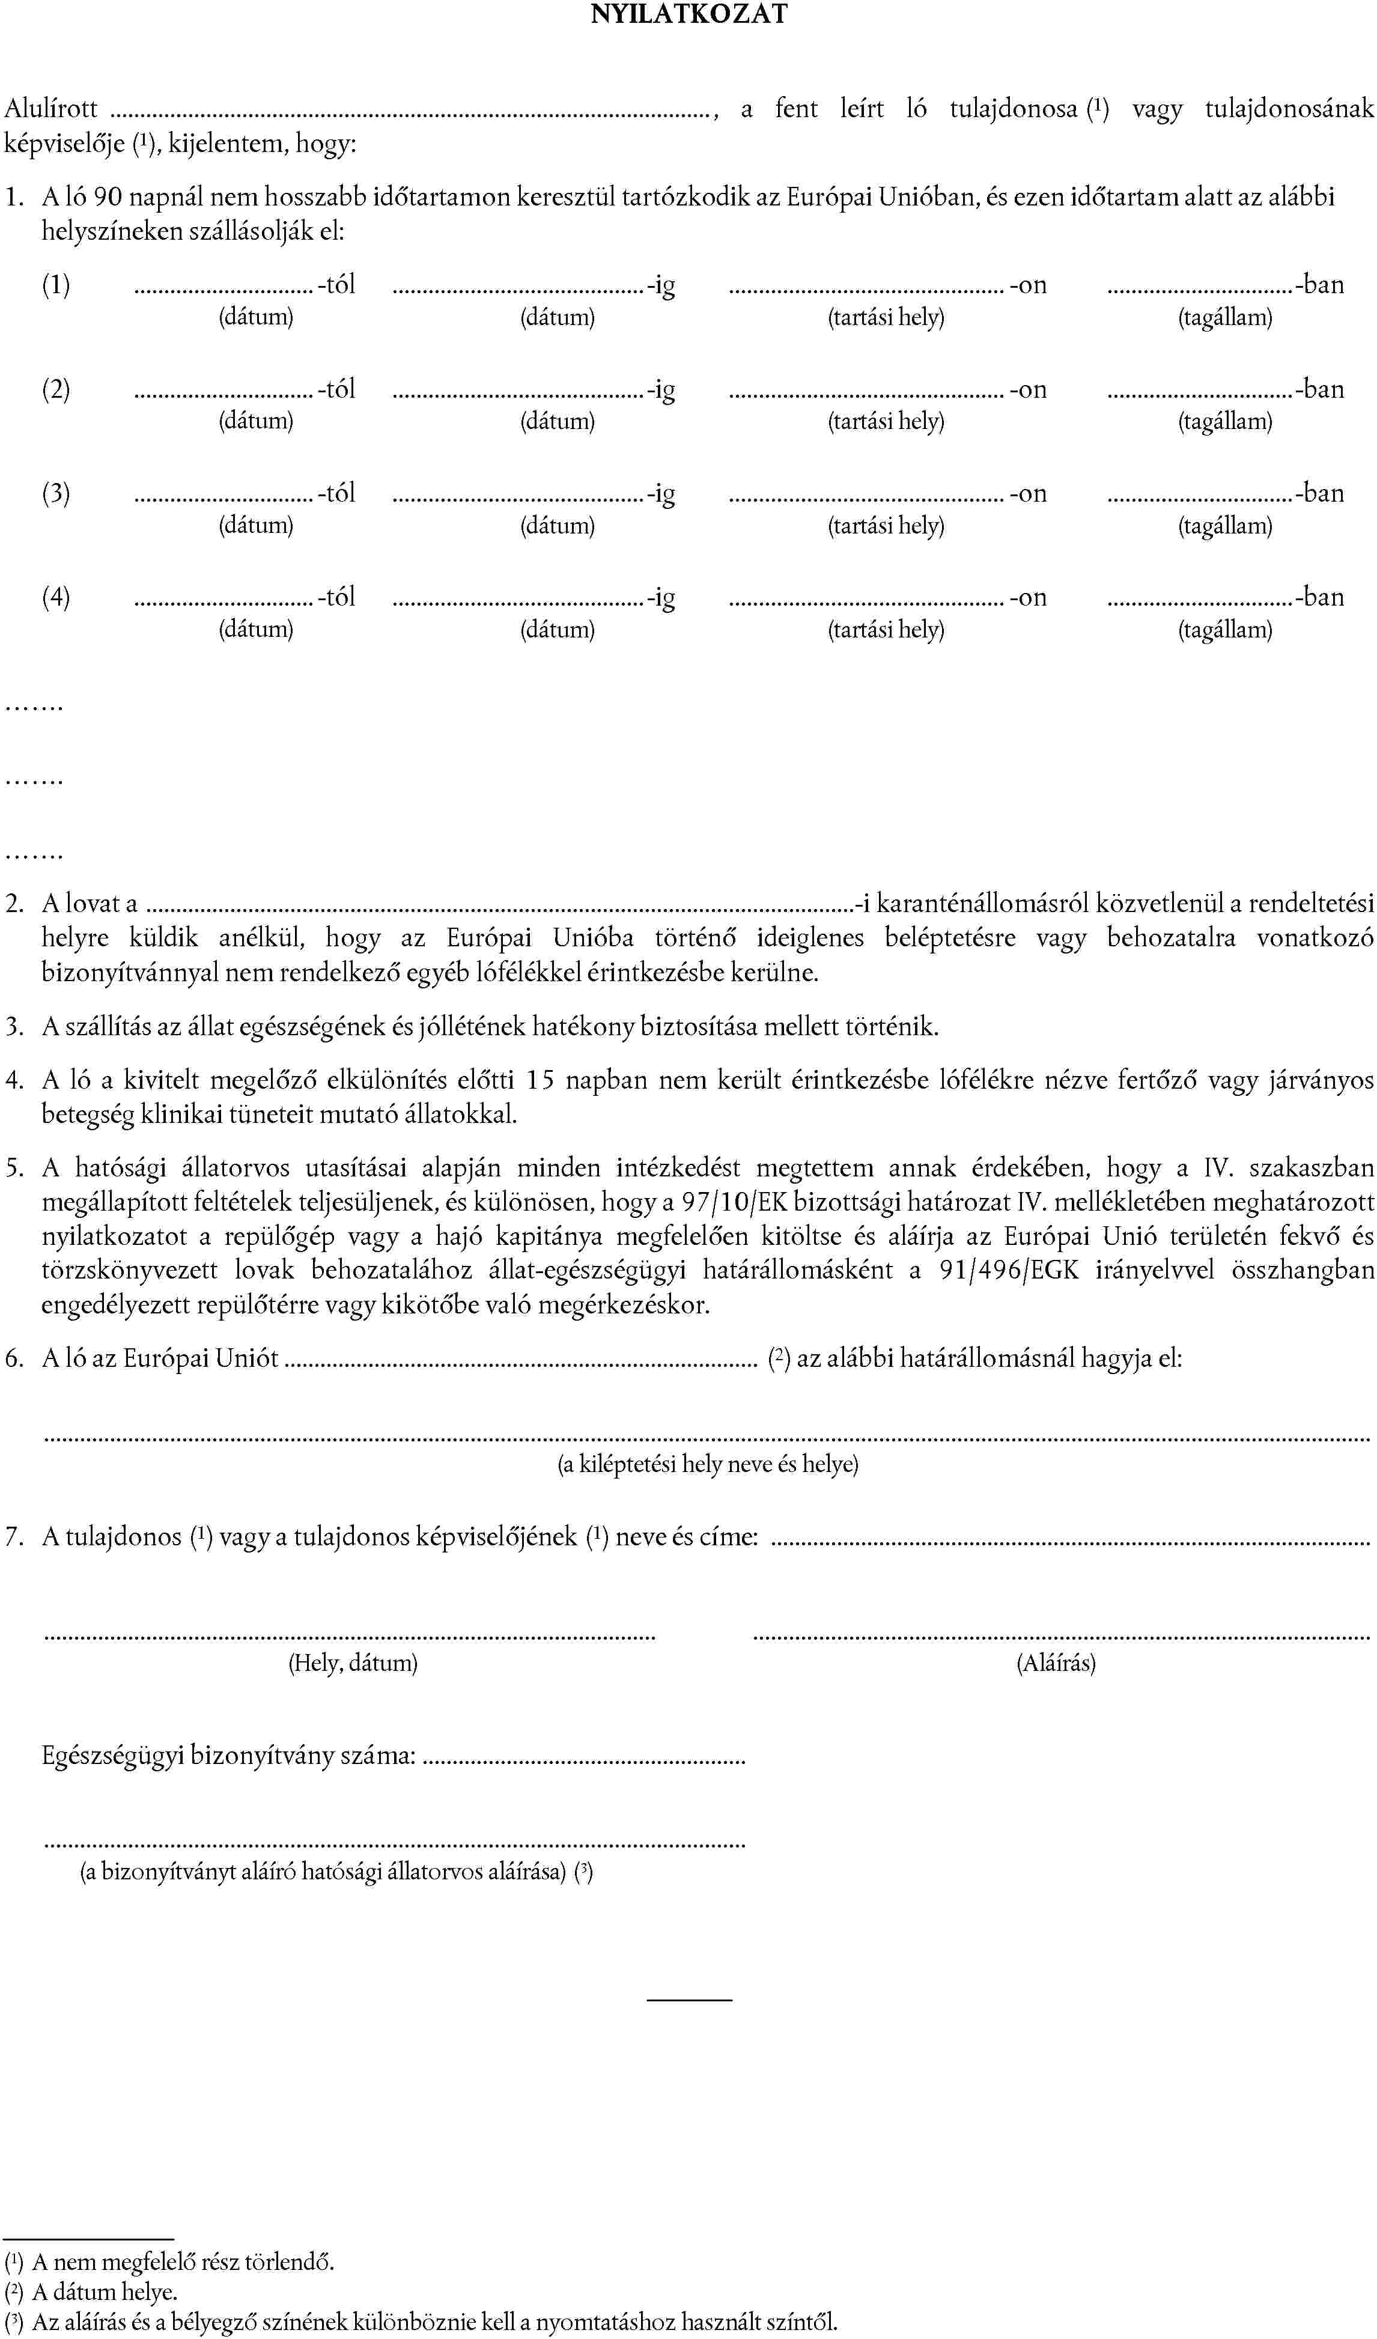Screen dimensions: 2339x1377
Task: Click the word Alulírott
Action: click(51, 109)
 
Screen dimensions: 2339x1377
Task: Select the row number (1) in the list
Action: click(56, 285)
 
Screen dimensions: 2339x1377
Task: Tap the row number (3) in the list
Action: click(56, 494)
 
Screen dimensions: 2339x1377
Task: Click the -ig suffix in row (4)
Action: click(661, 598)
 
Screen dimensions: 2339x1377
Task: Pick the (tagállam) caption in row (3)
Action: click(1225, 526)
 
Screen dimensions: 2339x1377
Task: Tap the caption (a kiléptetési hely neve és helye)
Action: click(707, 1465)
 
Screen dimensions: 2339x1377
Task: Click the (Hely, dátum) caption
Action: click(353, 1662)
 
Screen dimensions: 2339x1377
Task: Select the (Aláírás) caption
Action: click(1056, 1662)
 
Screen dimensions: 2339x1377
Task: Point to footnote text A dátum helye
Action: click(104, 2293)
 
